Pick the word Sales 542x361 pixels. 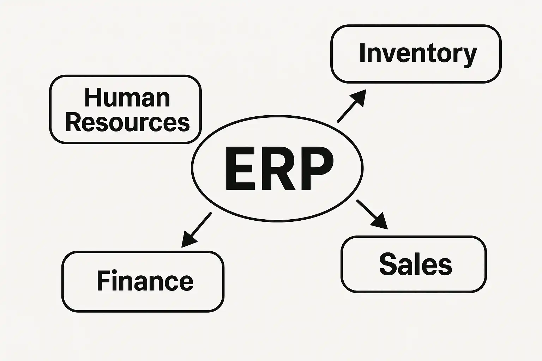click(x=416, y=264)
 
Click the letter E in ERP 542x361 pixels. click(x=239, y=169)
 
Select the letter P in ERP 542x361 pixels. click(x=316, y=169)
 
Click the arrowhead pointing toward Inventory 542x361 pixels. click(x=359, y=96)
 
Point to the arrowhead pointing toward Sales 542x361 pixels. click(x=380, y=222)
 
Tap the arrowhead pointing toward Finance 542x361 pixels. click(x=188, y=240)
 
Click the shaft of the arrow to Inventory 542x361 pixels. click(x=346, y=112)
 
